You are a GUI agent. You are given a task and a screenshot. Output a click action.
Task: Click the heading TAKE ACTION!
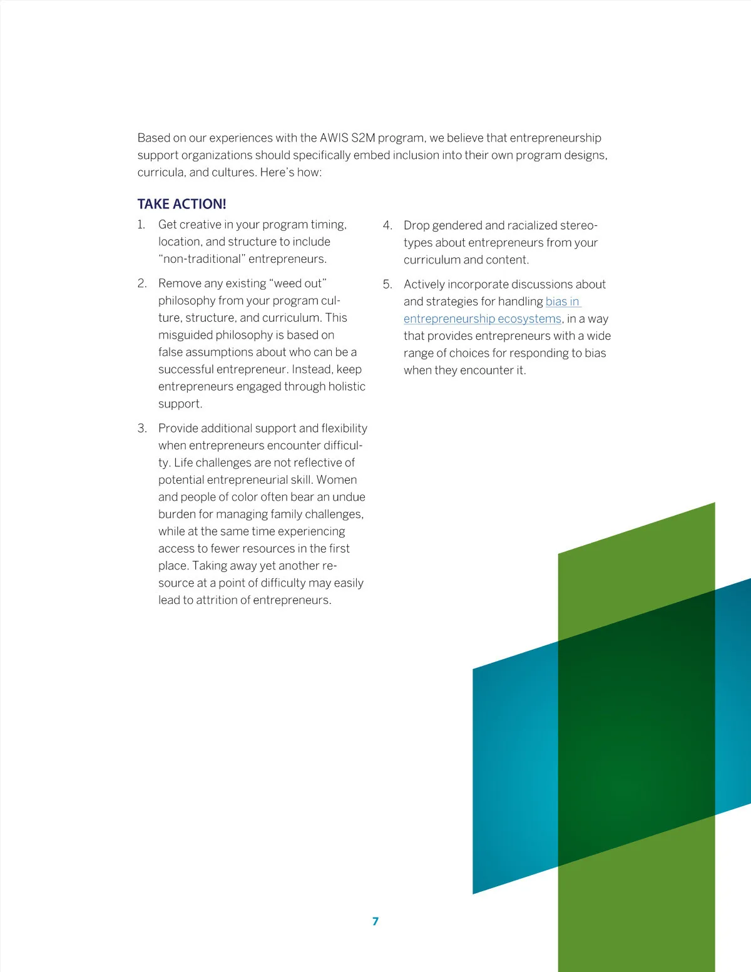[181, 204]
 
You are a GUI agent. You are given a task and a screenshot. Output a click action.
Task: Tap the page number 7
[375, 921]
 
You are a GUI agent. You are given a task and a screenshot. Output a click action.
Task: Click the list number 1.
[141, 225]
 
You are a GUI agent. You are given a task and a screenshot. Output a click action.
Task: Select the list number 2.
[142, 284]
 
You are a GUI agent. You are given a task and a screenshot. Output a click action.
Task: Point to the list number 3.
[142, 428]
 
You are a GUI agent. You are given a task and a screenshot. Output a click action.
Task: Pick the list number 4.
[387, 225]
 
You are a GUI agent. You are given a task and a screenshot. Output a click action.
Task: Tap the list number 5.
[387, 284]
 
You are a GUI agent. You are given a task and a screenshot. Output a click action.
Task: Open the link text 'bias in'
[562, 302]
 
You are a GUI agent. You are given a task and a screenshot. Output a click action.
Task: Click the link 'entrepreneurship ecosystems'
[482, 319]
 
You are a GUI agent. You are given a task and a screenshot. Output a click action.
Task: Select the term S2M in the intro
[363, 138]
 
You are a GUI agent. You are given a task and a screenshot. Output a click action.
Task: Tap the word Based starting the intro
[153, 138]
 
